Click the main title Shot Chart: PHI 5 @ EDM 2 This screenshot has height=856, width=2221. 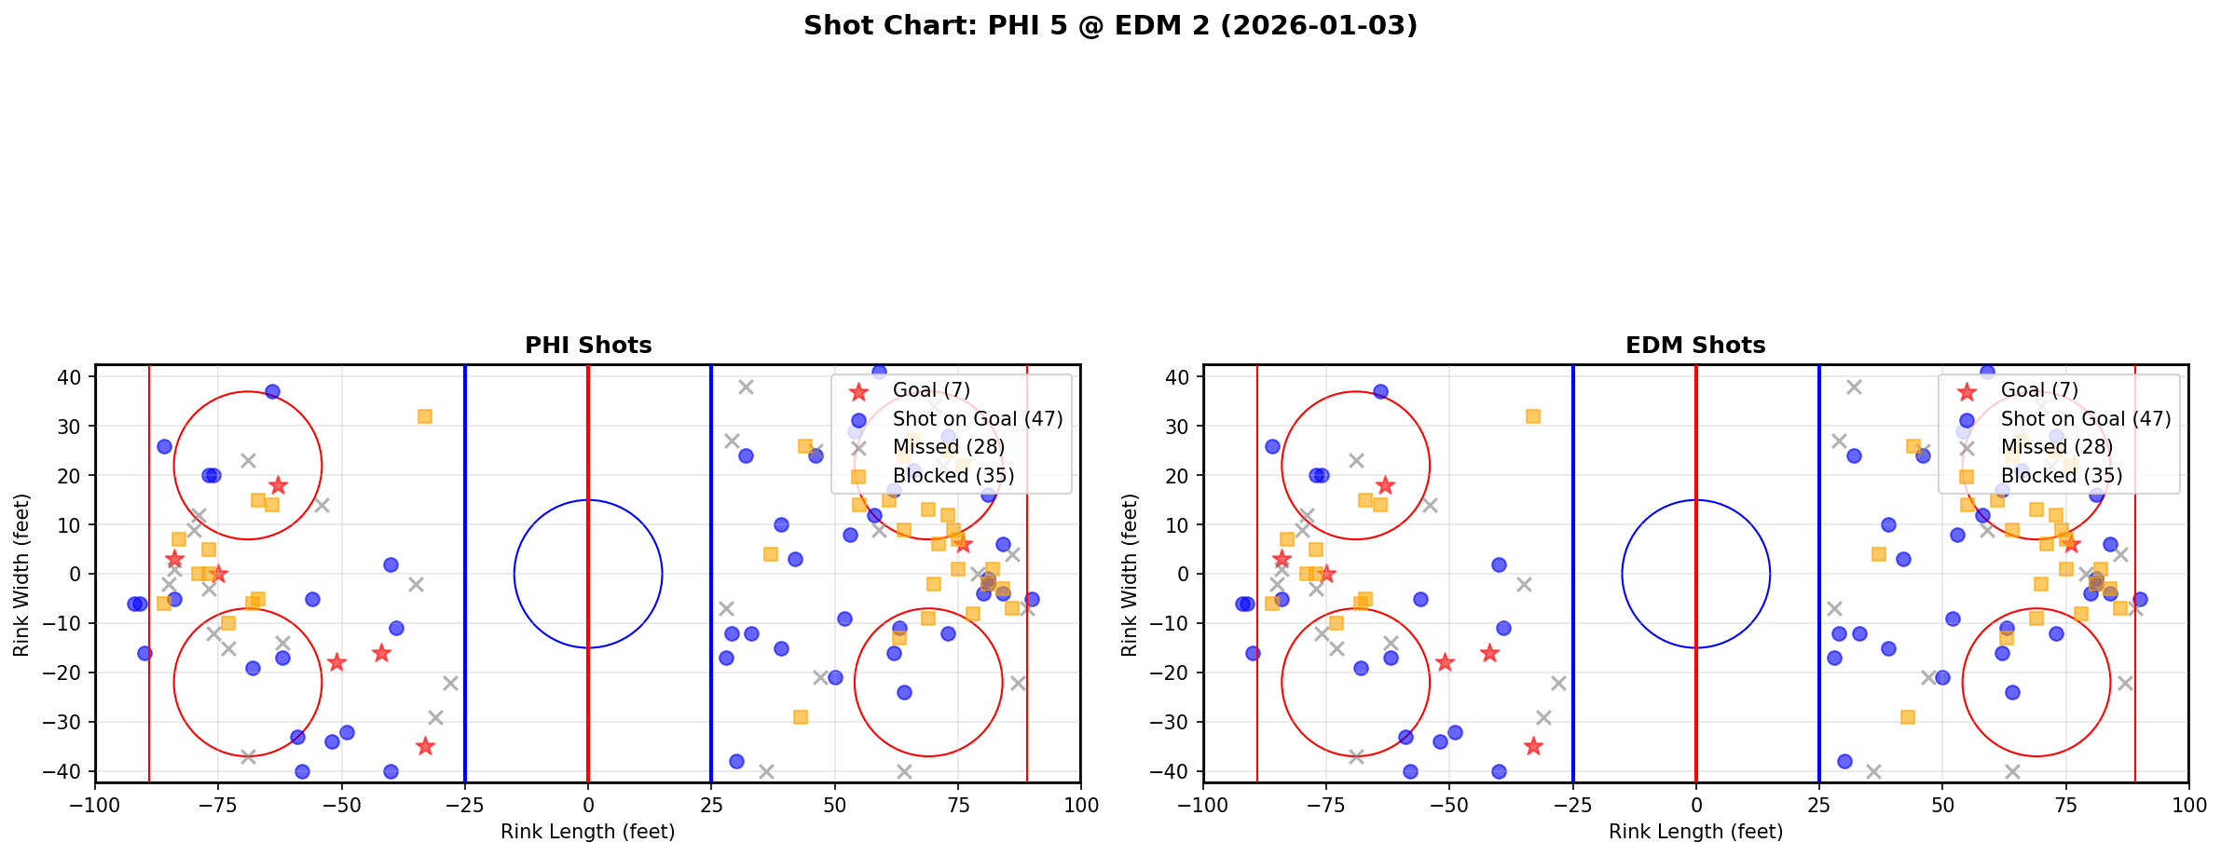point(1110,26)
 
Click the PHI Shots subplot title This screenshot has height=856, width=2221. point(588,346)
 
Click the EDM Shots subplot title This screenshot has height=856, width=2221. point(1695,346)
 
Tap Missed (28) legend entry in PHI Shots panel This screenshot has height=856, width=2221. point(948,447)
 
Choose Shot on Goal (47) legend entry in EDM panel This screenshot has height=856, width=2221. point(2085,419)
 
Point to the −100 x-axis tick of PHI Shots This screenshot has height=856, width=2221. point(95,805)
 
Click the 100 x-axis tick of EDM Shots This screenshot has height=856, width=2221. point(2187,805)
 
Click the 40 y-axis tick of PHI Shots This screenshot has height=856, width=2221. point(74,377)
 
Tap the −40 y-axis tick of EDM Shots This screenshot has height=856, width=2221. point(1176,772)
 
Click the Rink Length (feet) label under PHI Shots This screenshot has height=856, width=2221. point(588,832)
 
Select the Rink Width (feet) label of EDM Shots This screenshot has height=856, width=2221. point(1130,575)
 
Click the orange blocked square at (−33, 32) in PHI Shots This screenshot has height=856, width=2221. point(425,416)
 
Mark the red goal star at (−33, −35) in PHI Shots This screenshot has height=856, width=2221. point(425,746)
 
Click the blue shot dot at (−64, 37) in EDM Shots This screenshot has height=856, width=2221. point(1380,391)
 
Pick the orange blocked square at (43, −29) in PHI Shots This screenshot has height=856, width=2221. point(800,717)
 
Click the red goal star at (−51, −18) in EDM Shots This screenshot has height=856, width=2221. point(1445,662)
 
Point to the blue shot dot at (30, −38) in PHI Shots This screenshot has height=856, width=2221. point(736,761)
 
